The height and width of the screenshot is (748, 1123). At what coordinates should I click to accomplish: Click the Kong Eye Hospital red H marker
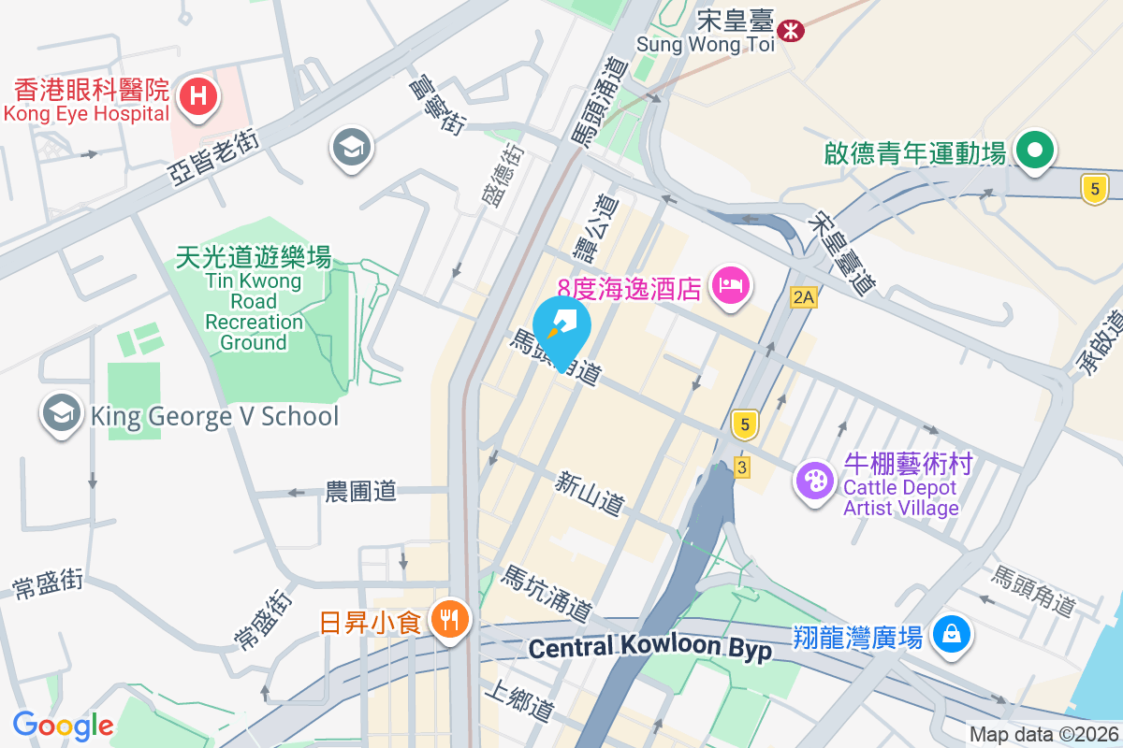coord(198,95)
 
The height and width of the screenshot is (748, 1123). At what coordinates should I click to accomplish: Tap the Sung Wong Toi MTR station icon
coord(792,30)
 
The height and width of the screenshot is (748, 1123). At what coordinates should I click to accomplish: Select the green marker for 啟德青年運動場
coord(1034,150)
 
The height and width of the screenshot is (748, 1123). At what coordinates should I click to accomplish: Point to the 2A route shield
coord(804,297)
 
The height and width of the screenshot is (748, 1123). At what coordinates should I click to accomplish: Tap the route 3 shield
coord(742,467)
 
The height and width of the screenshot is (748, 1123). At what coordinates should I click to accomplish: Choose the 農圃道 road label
coord(360,491)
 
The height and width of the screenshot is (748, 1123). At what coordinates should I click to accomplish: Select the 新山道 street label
coord(589,494)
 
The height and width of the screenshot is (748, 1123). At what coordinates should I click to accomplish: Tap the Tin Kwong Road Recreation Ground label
coord(254,300)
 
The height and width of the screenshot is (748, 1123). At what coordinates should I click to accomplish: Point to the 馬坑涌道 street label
coord(547,594)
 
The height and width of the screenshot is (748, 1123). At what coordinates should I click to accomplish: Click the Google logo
coord(63,725)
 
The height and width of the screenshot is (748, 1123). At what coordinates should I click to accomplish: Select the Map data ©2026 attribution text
coord(1043,735)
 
